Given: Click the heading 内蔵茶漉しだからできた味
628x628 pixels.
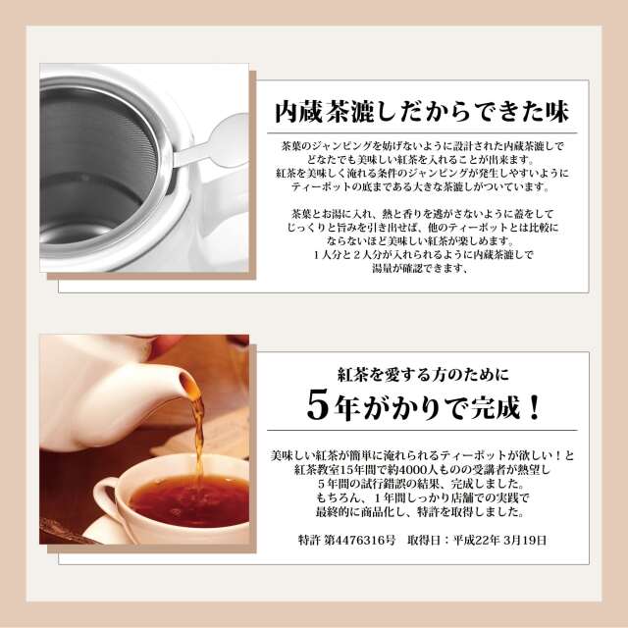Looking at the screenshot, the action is tap(422, 112).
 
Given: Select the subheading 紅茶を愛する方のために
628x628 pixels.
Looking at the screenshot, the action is tap(423, 375).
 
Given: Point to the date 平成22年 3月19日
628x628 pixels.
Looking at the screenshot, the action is tap(499, 540).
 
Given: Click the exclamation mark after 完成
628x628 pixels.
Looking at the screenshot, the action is tap(534, 408).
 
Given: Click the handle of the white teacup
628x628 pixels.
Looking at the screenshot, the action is tap(105, 497).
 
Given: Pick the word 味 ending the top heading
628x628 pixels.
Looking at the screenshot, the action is tap(556, 112).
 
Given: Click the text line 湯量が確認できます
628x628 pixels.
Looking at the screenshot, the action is tap(420, 268).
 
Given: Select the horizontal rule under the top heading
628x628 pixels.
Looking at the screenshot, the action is tap(422, 133).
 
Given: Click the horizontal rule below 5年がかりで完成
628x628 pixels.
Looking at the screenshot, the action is tap(422, 430).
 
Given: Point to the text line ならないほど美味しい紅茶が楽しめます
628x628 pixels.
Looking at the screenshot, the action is tap(420, 241).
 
